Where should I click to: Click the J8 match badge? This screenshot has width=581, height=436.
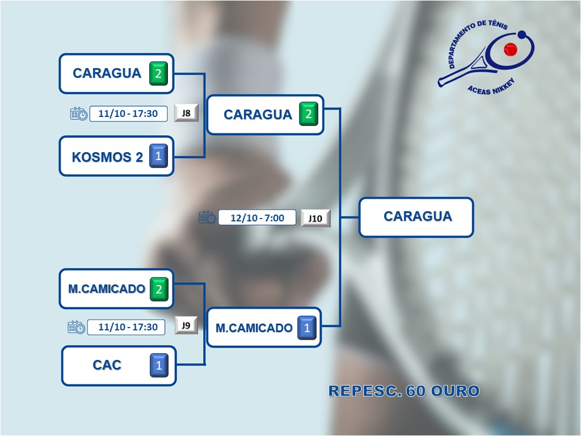[186, 112]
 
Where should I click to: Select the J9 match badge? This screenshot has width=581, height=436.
[186, 325]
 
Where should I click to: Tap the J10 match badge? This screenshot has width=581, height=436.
[315, 218]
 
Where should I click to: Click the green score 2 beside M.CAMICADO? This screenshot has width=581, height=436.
[159, 289]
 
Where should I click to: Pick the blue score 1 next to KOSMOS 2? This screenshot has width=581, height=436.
[158, 156]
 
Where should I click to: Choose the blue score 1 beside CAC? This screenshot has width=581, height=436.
[159, 366]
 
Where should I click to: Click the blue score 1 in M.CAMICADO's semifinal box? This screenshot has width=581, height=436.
[307, 328]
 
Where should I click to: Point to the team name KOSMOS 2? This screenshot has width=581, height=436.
[107, 157]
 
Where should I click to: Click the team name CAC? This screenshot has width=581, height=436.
[107, 365]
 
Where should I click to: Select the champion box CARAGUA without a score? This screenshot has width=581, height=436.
[417, 216]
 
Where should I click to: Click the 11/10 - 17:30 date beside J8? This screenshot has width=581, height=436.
[128, 114]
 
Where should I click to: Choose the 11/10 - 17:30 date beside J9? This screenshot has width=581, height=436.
[128, 327]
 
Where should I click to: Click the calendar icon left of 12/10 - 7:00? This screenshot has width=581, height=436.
[207, 217]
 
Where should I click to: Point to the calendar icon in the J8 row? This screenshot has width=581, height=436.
[79, 114]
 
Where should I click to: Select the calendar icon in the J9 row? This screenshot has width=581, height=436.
[77, 327]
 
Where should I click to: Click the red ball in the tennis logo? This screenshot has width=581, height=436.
[511, 50]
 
